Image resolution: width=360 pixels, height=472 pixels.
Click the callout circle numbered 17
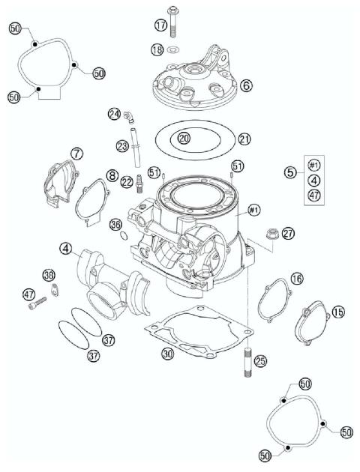(x=161, y=25)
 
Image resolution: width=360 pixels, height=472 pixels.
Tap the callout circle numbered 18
(x=157, y=49)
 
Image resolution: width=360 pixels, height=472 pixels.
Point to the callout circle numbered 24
(x=114, y=114)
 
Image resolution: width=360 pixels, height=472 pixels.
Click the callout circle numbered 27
(x=288, y=233)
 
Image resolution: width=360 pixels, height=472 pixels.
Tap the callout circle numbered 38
(x=49, y=274)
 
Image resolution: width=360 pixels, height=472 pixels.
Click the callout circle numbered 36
(x=115, y=224)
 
